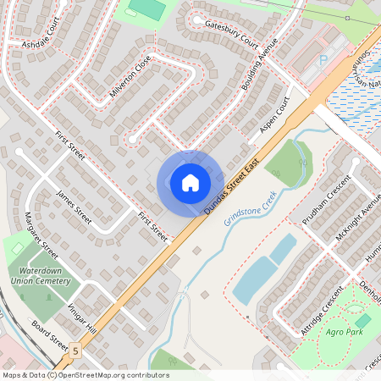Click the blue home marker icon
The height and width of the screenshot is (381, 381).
pyautogui.click(x=190, y=182)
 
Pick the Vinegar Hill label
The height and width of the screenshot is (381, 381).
pyautogui.click(x=82, y=317)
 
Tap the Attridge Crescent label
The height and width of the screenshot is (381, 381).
pyautogui.click(x=323, y=312)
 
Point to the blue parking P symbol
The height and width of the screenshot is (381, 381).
pyautogui.click(x=323, y=60)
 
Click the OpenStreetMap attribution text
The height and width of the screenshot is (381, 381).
pyautogui.click(x=86, y=375)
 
